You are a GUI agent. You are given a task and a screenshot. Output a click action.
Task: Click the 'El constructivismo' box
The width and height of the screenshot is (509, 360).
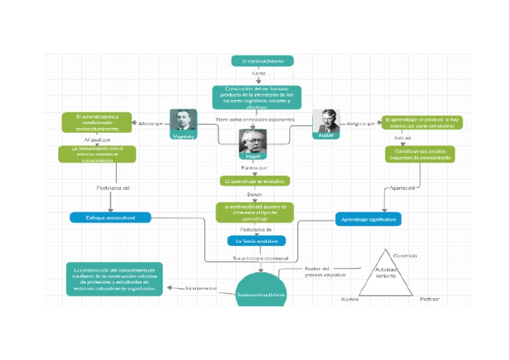[262, 61]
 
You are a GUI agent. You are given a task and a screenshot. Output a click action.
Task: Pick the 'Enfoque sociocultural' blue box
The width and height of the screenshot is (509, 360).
[110, 217]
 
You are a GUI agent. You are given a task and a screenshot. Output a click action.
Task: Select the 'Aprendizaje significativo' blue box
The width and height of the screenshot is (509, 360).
[368, 219]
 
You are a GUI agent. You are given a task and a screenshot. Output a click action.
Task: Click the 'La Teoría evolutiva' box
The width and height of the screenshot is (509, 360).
[256, 241]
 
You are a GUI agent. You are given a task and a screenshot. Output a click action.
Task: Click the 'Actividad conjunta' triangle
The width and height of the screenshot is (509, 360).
[386, 277]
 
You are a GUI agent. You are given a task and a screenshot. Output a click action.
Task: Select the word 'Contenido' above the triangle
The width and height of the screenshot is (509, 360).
[405, 255]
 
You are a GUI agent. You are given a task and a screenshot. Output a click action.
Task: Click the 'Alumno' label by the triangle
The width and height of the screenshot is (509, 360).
[349, 299]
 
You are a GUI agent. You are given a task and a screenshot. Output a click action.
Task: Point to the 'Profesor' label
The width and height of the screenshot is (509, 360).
[429, 299]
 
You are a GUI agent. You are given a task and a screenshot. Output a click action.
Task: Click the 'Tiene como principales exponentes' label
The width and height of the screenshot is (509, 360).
[254, 119]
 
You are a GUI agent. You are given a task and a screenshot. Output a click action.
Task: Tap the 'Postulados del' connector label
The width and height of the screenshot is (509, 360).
[113, 188]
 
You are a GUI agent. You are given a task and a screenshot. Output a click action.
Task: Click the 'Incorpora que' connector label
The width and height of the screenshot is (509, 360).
[201, 288]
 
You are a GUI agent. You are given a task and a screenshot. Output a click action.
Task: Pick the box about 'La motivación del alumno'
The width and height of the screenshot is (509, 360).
[254, 212]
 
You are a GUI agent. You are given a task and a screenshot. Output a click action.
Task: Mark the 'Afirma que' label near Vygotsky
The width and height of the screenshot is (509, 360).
[150, 123]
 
